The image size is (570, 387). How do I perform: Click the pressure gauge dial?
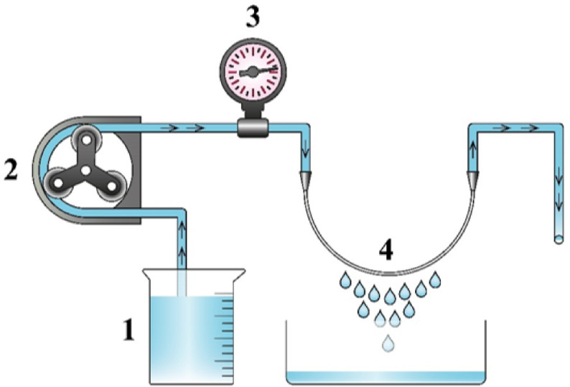click(252, 74)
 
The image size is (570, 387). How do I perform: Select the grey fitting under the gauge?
click(252, 128)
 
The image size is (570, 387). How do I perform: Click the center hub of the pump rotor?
click(85, 169)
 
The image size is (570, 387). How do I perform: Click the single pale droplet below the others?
click(388, 344)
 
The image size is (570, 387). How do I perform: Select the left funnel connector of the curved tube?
click(307, 176)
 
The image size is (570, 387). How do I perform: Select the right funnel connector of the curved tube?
click(473, 176)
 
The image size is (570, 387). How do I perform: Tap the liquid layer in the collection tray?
click(383, 376)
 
